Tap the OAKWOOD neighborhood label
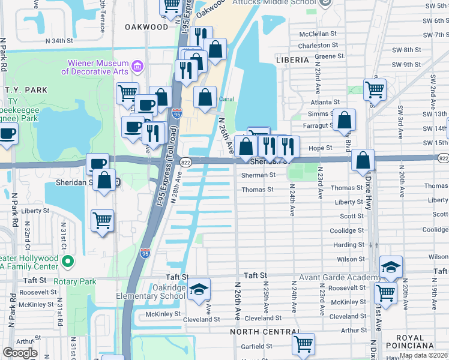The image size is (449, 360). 146,27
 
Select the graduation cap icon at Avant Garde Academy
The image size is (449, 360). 391,267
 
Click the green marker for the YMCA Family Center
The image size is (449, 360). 68,261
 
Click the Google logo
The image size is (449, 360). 20,353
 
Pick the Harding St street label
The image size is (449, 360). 349,245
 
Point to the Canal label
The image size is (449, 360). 226,100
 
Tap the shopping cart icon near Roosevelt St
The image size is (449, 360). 385,293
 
